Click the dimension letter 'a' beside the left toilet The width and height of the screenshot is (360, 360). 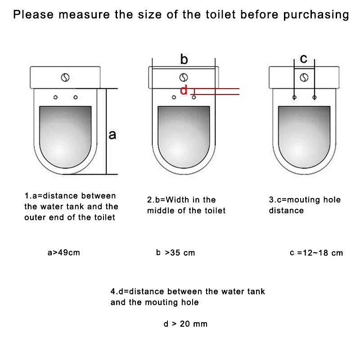tap(112, 135)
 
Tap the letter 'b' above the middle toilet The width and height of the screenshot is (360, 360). tap(184, 59)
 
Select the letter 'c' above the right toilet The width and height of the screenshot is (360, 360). tap(303, 58)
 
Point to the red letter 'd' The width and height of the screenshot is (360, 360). tap(184, 90)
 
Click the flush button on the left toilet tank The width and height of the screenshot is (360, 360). tap(65, 77)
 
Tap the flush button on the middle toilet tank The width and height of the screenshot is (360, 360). tap(184, 77)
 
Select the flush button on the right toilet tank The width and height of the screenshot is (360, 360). tap(304, 77)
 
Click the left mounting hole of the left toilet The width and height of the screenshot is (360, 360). tap(55, 97)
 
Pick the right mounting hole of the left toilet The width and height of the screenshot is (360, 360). tap(76, 97)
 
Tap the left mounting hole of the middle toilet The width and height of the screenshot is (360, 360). tap(174, 97)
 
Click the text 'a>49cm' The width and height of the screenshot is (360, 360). tap(64, 252)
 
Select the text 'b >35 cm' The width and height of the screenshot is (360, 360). tap(175, 252)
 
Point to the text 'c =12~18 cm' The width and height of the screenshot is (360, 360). tap(316, 253)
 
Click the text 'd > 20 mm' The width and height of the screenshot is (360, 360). tap(185, 324)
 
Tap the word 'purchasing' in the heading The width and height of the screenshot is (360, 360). tap(316, 15)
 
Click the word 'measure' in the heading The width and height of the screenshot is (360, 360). tap(84, 15)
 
